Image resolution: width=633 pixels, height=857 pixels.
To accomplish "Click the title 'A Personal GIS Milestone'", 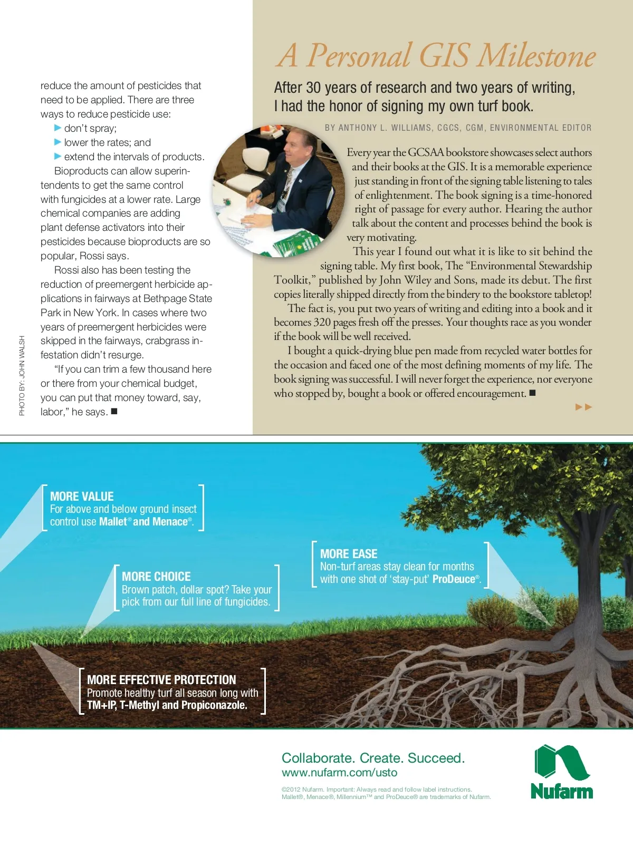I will [x=435, y=56].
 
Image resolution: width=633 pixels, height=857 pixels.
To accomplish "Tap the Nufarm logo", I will [x=562, y=772].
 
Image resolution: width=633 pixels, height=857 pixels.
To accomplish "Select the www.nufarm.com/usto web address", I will [x=339, y=773].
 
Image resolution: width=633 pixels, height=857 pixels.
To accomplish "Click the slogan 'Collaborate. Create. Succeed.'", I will [x=373, y=758].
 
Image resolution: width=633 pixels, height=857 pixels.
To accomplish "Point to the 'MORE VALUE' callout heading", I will [x=82, y=496].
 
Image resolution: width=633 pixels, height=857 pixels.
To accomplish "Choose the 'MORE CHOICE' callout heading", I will [x=156, y=577].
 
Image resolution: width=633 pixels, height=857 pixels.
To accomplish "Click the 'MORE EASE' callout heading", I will [x=349, y=554].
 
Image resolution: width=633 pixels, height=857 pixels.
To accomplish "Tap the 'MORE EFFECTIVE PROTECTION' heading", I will [x=161, y=680].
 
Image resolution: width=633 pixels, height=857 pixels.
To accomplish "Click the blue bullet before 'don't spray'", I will [x=58, y=128].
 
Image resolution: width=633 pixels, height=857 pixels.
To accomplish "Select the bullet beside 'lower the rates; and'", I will [x=58, y=142].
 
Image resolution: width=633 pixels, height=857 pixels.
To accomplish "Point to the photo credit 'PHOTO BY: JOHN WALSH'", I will [x=22, y=375].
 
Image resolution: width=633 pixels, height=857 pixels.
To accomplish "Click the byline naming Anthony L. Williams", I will [x=458, y=128].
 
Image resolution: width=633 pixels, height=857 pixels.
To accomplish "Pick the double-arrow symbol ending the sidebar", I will [x=583, y=407].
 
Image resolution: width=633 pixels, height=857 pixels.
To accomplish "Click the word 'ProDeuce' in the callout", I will [x=454, y=579].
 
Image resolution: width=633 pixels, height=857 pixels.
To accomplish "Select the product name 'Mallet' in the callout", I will [x=113, y=522].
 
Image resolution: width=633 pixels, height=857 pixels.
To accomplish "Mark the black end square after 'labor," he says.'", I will [x=114, y=411].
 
